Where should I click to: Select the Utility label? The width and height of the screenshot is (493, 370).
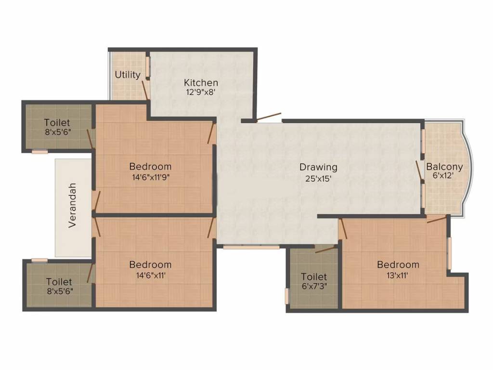point(128,75)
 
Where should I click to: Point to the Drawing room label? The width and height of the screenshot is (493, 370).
point(318,167)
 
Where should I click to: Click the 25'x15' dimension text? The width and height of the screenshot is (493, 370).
point(318,178)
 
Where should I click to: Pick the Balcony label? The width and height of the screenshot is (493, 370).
point(444,167)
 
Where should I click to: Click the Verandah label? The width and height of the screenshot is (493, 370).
point(72,205)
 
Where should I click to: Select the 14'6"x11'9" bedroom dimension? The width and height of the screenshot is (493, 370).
point(150,177)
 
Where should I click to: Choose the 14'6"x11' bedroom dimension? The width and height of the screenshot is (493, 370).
point(150,275)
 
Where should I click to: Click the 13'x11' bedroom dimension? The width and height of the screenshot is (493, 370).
point(398,275)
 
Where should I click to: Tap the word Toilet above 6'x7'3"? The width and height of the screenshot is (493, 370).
point(314,277)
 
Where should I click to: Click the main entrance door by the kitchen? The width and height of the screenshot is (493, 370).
point(268,117)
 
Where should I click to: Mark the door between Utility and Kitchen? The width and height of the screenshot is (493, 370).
point(144,90)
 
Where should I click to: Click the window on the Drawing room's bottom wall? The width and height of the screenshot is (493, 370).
point(251,247)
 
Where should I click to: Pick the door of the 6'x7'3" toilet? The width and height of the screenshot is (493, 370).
point(325,249)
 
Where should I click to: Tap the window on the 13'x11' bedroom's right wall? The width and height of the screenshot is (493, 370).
point(449,253)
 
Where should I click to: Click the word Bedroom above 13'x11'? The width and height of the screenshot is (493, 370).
point(398,264)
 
